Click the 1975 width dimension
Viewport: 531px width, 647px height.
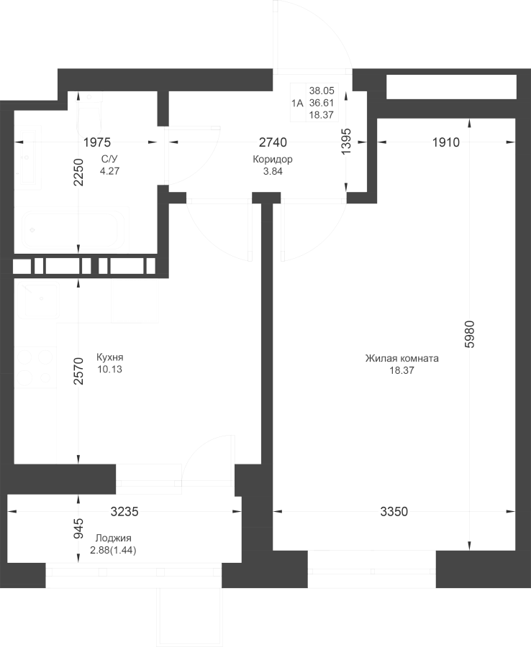pos(97,142)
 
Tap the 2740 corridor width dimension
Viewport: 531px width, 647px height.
pos(273,142)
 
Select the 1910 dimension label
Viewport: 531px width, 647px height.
pos(446,142)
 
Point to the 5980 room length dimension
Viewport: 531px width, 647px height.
pos(470,334)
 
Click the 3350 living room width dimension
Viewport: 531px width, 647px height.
pos(394,512)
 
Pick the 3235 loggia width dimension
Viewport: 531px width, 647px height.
pos(124,512)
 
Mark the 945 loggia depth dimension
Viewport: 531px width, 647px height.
pos(78,528)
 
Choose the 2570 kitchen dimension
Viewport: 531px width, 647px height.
pos(78,371)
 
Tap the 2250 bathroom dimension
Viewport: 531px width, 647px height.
pos(78,172)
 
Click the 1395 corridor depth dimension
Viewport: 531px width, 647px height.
pos(346,141)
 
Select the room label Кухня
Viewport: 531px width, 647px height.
pos(110,357)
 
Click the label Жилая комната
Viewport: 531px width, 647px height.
pos(401,358)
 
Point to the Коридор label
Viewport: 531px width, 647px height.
pos(273,160)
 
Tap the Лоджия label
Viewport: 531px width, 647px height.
pos(113,538)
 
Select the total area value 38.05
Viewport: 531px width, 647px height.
pos(322,91)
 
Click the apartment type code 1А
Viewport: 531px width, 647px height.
pos(297,103)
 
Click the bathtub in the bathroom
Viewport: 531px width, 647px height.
pos(72,229)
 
